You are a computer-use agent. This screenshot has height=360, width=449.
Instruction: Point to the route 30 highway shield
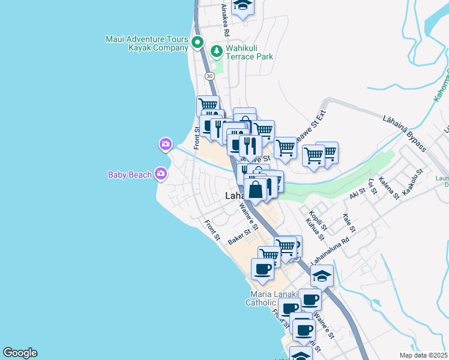(209, 76)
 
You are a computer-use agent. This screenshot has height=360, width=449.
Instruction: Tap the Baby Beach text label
(131, 175)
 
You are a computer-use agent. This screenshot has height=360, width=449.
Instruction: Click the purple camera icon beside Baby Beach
(160, 174)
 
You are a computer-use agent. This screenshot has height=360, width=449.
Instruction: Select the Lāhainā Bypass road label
(405, 131)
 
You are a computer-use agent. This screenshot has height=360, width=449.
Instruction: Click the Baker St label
(239, 238)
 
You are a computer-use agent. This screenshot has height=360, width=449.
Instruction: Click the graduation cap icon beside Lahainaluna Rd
(322, 276)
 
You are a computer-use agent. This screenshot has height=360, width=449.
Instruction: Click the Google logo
(20, 353)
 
